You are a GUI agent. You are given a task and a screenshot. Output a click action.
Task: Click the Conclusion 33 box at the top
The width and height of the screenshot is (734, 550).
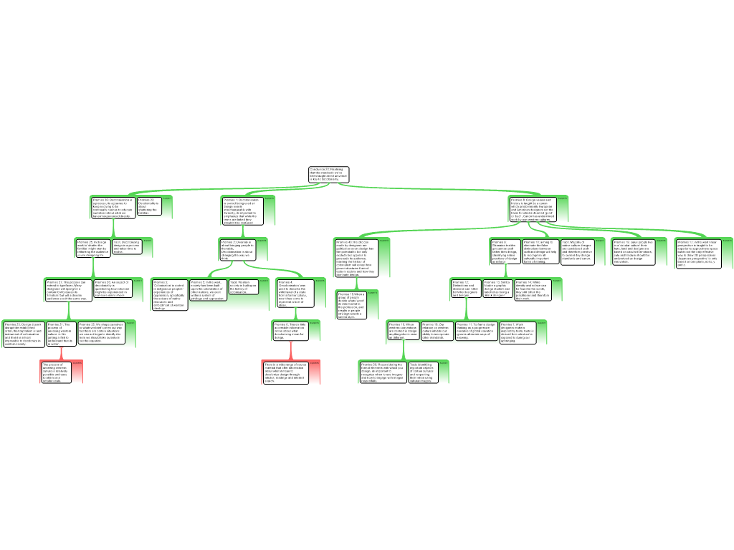328,175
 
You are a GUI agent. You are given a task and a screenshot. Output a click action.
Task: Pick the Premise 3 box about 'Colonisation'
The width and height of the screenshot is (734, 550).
168,294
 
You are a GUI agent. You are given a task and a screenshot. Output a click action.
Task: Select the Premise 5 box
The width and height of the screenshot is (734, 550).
207,289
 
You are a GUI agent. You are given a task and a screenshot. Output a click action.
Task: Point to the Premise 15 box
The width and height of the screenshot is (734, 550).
353,304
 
